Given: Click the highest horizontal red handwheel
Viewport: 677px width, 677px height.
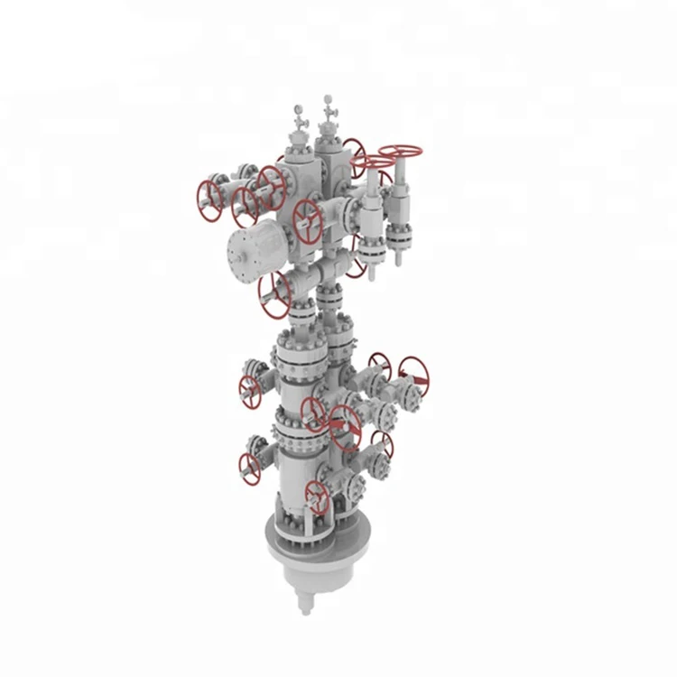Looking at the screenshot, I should (x=400, y=152).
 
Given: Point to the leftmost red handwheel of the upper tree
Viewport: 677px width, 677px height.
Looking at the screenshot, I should (x=209, y=200).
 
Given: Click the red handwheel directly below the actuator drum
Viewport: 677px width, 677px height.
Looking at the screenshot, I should (x=274, y=294).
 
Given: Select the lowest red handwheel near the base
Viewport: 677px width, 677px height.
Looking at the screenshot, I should (x=317, y=496).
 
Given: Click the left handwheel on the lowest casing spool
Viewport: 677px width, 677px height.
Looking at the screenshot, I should (x=250, y=468).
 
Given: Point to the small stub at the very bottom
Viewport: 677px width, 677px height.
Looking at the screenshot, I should (x=307, y=607).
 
